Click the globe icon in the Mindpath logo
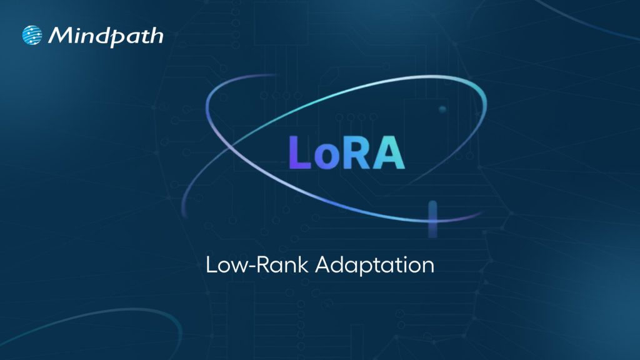(x=32, y=35)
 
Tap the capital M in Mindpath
(x=61, y=35)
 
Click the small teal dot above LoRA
(x=442, y=109)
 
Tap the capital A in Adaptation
(x=322, y=264)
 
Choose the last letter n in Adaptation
(x=428, y=266)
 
